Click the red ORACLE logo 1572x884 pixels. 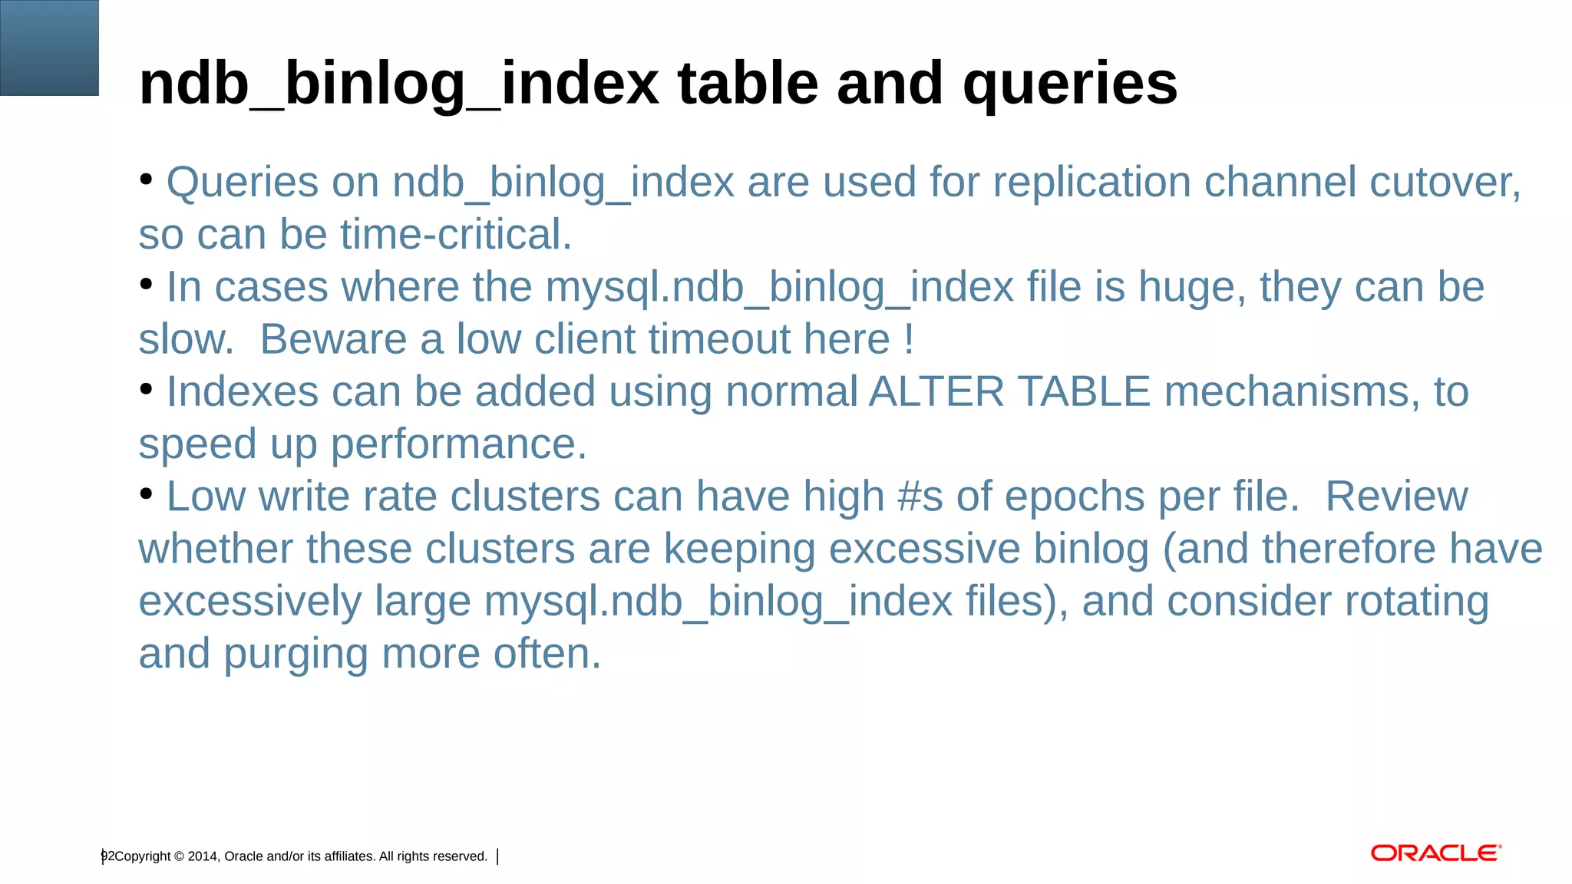pyautogui.click(x=1435, y=853)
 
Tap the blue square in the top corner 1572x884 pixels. pyautogui.click(x=49, y=48)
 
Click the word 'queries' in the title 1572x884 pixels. pyautogui.click(x=1070, y=84)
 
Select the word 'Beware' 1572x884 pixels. pyautogui.click(x=333, y=339)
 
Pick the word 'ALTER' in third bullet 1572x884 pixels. pyautogui.click(x=936, y=392)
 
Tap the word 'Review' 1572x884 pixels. pyautogui.click(x=1396, y=496)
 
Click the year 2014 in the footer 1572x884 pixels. pyautogui.click(x=203, y=856)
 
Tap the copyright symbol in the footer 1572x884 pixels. pyautogui.click(x=179, y=856)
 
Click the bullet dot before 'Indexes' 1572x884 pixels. pyautogui.click(x=147, y=390)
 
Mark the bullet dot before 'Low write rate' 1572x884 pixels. pyautogui.click(x=147, y=494)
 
